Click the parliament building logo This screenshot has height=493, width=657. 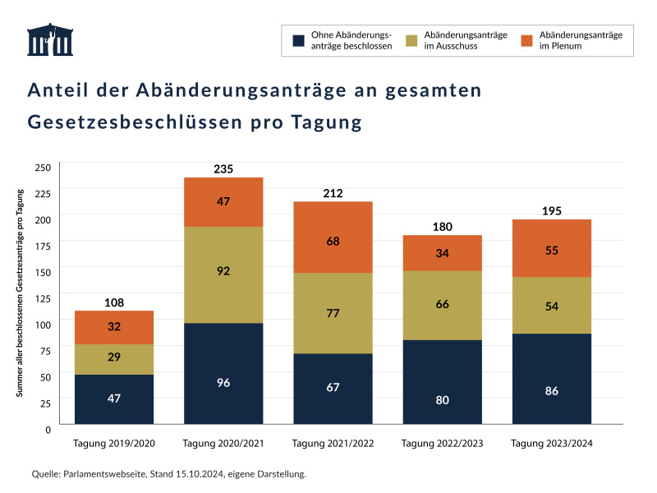49,39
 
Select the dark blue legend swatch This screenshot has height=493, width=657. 298,40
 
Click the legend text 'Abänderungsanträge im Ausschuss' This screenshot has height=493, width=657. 466,40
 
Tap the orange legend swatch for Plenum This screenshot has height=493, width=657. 526,40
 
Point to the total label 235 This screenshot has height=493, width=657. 223,169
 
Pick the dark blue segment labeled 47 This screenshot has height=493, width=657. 114,399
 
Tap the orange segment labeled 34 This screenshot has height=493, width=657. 442,252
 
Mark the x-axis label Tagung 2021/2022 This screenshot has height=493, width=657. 333,444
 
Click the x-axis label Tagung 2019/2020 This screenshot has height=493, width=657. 114,444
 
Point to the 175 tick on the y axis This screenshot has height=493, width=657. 43,246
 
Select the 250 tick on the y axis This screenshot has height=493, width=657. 43,168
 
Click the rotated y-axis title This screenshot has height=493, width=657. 20,293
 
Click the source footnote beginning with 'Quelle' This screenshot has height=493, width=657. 168,474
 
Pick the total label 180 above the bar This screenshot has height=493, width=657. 442,227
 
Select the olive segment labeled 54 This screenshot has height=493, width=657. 551,306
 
